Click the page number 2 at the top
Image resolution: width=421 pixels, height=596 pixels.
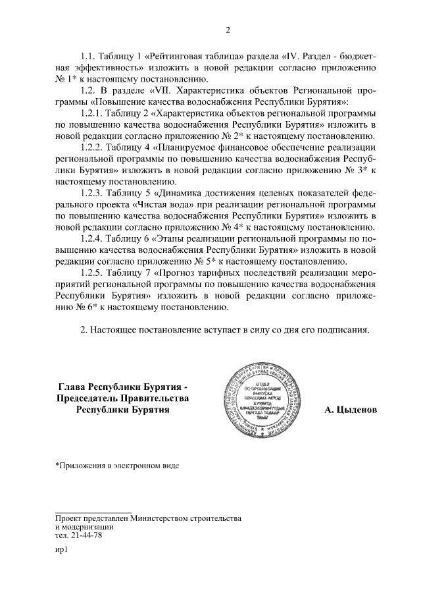tap(228, 30)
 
